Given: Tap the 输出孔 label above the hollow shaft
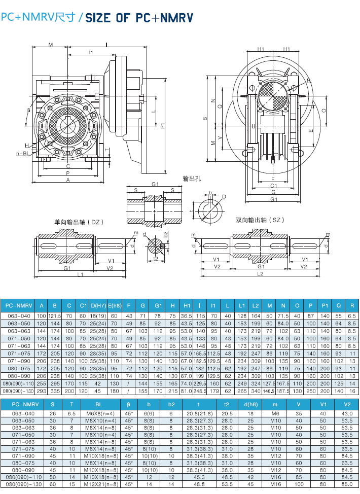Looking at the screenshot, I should point(193,179).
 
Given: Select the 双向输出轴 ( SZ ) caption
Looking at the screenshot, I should point(259,220).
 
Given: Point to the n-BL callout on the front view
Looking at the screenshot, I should point(22,153).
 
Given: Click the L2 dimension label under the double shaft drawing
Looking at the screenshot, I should point(260,274).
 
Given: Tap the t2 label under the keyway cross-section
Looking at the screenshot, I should point(155,258).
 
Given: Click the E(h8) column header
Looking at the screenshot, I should point(114,305).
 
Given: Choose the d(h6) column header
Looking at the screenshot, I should point(250,404).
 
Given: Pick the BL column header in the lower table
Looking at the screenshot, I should point(98,404).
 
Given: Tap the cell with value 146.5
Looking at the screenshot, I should point(269,391).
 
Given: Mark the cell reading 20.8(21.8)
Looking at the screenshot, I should point(199,413).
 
